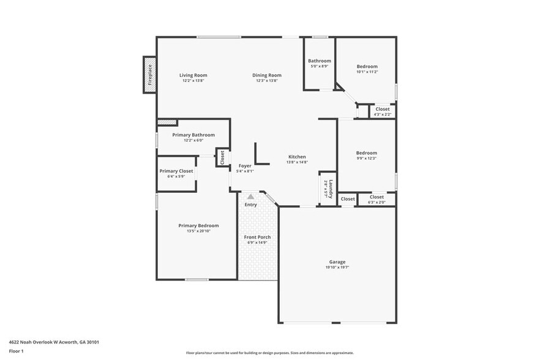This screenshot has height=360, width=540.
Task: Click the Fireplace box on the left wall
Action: point(149,75)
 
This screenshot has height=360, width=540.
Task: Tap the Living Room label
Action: point(193,75)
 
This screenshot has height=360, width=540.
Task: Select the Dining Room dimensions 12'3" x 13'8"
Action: point(266,81)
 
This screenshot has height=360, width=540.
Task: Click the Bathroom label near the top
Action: point(319,61)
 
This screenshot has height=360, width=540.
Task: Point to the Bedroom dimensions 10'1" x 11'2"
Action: point(367,72)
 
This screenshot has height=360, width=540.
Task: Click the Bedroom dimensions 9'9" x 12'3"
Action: point(367,159)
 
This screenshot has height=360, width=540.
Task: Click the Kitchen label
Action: point(296,157)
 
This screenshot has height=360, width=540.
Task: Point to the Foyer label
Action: point(245,165)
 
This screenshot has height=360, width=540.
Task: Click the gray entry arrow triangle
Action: point(250,197)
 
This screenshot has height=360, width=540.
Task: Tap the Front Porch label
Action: point(257,237)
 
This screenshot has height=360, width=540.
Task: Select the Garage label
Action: point(337,261)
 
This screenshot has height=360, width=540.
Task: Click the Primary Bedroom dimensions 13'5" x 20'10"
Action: point(198,231)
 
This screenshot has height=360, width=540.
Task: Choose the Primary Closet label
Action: point(176,171)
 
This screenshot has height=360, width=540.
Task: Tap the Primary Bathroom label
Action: point(193,135)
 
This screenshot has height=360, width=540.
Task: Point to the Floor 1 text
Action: point(16,351)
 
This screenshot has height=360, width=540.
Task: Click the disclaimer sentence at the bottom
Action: point(269,353)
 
